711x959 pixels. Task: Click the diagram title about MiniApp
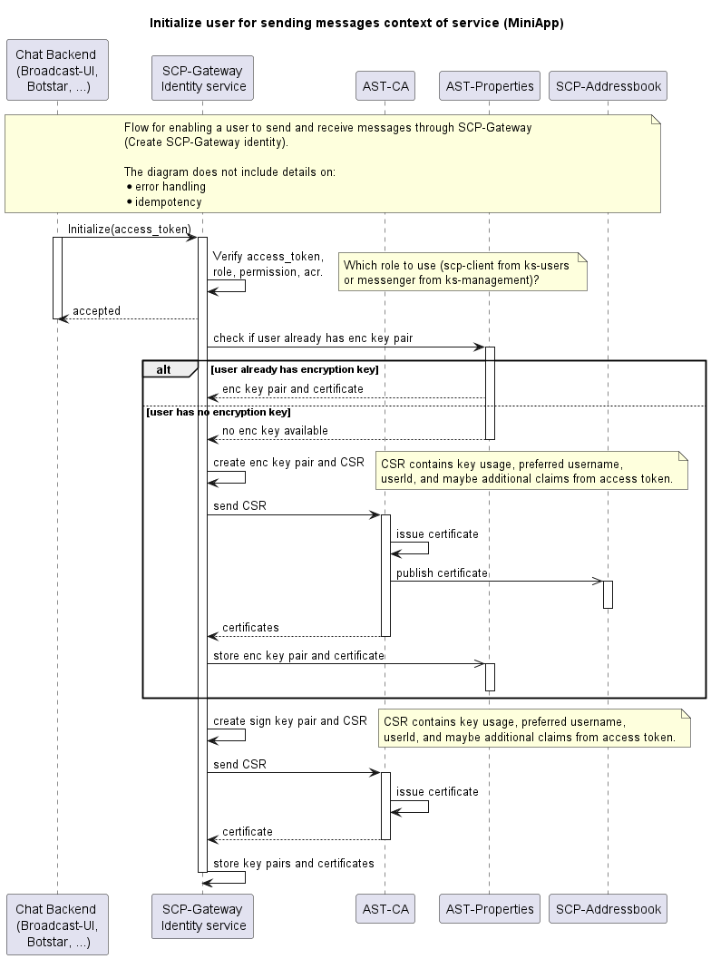pos(356,24)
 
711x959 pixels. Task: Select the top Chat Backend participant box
pos(57,70)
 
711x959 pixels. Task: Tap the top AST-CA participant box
pos(385,85)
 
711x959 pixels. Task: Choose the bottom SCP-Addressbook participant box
pos(608,909)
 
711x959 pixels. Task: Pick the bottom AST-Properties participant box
pos(489,909)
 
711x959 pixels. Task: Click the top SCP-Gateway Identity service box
pos(202,78)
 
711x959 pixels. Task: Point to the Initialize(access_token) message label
pos(129,230)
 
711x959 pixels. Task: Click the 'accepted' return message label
pos(97,310)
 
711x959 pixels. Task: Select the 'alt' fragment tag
pos(164,369)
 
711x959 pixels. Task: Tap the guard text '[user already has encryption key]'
pos(295,369)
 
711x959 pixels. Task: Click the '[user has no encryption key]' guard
pos(219,412)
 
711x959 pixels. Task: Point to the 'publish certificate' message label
pos(442,573)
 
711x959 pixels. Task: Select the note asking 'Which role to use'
pos(463,272)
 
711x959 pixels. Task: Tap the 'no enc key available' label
pos(275,431)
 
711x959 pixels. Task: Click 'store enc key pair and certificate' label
pos(299,656)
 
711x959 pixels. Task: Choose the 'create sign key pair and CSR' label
pos(290,721)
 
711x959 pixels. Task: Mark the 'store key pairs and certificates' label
pos(294,863)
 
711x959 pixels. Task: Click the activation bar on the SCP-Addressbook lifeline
pos(608,594)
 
